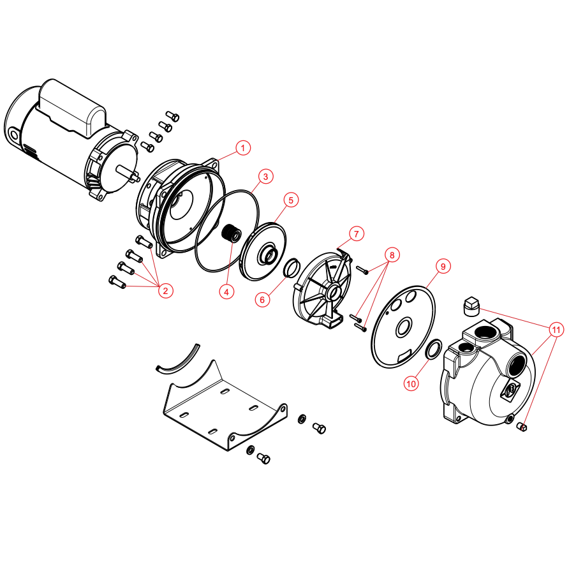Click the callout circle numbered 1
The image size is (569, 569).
[243, 148]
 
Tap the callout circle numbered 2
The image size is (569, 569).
[165, 291]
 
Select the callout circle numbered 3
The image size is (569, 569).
[265, 176]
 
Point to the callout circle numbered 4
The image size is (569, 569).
[227, 292]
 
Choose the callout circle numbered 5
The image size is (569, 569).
[291, 200]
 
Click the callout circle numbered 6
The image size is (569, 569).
[262, 300]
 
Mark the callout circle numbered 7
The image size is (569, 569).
[357, 233]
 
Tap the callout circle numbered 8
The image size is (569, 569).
[392, 255]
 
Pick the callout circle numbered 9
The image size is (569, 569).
[443, 267]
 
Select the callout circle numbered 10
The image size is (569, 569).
[411, 383]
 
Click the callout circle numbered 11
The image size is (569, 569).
[556, 330]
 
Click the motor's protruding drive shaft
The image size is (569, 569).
[128, 173]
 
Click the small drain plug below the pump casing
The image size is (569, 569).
[522, 427]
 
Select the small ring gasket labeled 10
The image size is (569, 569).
[433, 349]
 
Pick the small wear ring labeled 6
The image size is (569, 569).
[292, 268]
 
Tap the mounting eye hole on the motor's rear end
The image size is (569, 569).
[15, 136]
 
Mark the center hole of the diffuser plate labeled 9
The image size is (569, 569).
[404, 327]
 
